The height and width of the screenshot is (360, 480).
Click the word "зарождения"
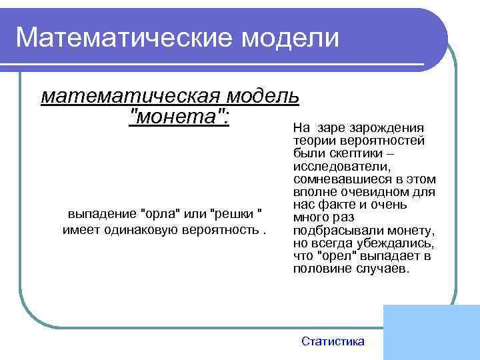click(x=393, y=128)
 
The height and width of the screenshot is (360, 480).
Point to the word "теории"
click(x=312, y=141)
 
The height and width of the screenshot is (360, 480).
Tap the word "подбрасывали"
click(x=331, y=231)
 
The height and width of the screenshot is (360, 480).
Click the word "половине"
click(x=318, y=269)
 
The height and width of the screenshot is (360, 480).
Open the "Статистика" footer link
click(x=333, y=341)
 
